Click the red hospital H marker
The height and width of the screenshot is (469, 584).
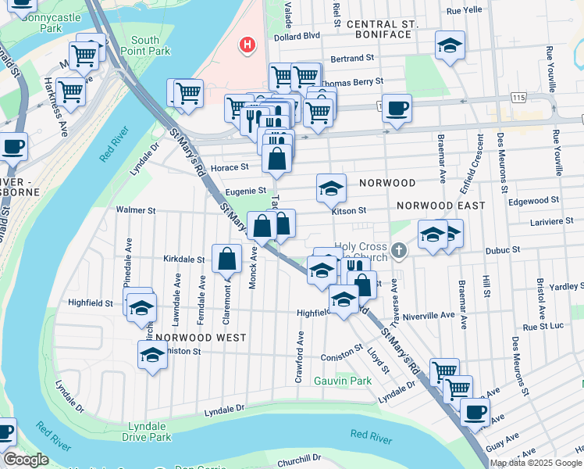click(247, 45)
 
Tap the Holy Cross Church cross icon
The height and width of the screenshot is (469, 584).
click(399, 250)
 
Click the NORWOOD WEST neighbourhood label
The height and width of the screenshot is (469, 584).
click(201, 338)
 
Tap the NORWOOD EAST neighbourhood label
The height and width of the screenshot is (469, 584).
click(440, 206)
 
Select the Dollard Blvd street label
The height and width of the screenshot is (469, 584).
click(297, 36)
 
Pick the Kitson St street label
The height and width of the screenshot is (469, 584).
click(348, 211)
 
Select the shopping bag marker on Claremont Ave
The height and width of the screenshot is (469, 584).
click(226, 258)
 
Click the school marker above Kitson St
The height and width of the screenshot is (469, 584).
click(331, 188)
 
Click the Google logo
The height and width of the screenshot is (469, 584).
click(26, 460)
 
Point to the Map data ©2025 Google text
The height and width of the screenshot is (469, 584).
click(536, 463)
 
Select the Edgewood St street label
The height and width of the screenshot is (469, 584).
click(533, 200)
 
